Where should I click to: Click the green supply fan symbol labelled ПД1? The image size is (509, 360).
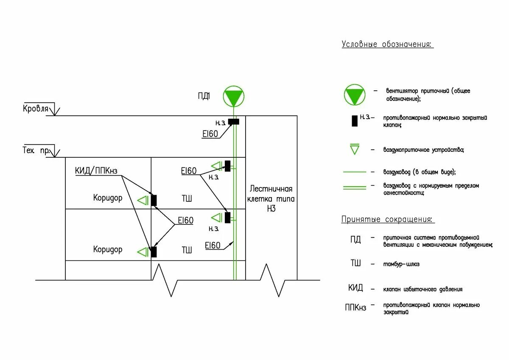pyautogui.click(x=234, y=96)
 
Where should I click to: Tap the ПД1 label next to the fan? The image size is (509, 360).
pyautogui.click(x=204, y=96)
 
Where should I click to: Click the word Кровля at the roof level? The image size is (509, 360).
pyautogui.click(x=36, y=109)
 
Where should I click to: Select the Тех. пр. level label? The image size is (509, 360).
pyautogui.click(x=36, y=150)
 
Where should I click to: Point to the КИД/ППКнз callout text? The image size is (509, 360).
pyautogui.click(x=96, y=171)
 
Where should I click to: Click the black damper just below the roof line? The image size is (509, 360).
pyautogui.click(x=233, y=122)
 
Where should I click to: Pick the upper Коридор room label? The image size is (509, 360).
pyautogui.click(x=108, y=198)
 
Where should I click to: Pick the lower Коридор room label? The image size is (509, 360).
pyautogui.click(x=108, y=249)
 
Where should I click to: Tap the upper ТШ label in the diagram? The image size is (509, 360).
pyautogui.click(x=187, y=198)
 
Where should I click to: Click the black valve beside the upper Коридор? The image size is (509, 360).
pyautogui.click(x=154, y=200)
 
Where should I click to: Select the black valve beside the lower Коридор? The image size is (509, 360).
pyautogui.click(x=154, y=252)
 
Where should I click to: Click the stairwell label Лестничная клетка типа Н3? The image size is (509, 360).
pyautogui.click(x=271, y=198)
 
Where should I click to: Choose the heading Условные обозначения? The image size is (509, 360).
pyautogui.click(x=387, y=45)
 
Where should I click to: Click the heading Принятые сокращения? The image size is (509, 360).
pyautogui.click(x=388, y=220)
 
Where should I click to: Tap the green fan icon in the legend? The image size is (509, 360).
pyautogui.click(x=354, y=95)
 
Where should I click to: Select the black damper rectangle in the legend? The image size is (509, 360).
pyautogui.click(x=354, y=120)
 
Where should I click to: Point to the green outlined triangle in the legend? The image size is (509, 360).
pyautogui.click(x=354, y=150)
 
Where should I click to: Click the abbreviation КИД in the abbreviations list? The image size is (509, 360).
pyautogui.click(x=355, y=288)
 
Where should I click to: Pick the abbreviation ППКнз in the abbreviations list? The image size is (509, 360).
pyautogui.click(x=355, y=307)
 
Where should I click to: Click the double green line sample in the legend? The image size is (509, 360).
pyautogui.click(x=354, y=187)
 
